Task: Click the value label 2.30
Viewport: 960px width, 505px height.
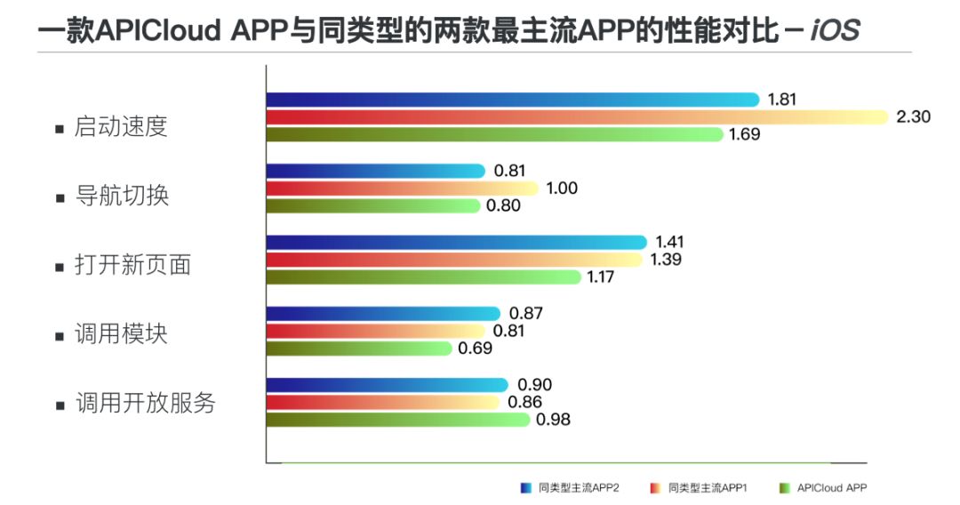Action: coord(913,116)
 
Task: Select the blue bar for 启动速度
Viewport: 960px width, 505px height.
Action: coord(513,100)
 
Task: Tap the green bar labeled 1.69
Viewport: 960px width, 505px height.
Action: coord(495,134)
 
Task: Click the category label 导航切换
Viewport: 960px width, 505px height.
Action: coord(122,196)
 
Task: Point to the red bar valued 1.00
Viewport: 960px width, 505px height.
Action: coord(402,188)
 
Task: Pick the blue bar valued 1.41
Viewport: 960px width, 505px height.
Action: coord(456,242)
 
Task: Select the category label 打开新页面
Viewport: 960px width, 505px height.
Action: coord(133,265)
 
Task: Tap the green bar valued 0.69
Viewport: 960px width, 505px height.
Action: coord(359,348)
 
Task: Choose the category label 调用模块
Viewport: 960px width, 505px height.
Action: coord(122,334)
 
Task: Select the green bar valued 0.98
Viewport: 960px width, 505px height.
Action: coord(397,419)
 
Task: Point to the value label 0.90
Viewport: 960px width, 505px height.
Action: coord(533,384)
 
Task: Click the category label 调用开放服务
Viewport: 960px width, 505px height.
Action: coord(145,403)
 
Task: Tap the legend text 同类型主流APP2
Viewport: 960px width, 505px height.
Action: coord(579,487)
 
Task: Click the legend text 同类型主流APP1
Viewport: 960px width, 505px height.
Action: coord(708,487)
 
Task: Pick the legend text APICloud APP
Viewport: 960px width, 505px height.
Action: coord(832,487)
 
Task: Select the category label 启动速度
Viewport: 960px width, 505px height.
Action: coord(122,126)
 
